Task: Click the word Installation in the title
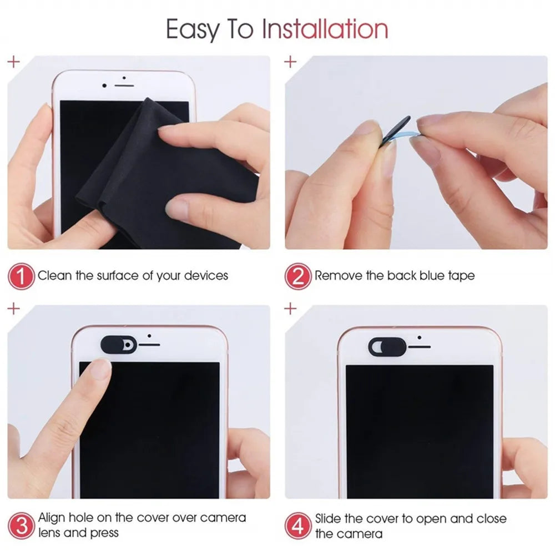click(x=325, y=29)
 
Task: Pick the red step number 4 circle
click(x=298, y=524)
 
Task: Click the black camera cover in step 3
click(x=118, y=344)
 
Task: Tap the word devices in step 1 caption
click(x=206, y=276)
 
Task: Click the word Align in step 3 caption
click(x=51, y=518)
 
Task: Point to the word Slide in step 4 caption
click(x=328, y=518)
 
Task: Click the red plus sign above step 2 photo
click(x=290, y=61)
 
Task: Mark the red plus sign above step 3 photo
click(x=14, y=308)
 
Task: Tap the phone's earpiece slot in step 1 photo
click(x=124, y=86)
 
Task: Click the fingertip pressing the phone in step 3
click(x=100, y=369)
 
